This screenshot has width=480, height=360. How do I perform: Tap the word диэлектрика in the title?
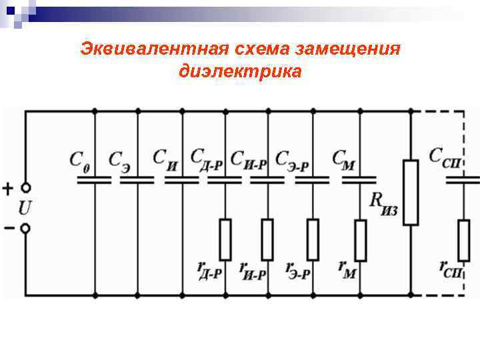[240, 70]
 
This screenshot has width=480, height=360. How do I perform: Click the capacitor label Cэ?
[120, 161]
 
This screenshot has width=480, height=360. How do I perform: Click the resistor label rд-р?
[209, 269]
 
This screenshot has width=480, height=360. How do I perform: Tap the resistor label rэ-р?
[298, 269]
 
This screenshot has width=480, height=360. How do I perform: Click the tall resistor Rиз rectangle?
[411, 192]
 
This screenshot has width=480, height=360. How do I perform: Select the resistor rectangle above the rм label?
[361, 240]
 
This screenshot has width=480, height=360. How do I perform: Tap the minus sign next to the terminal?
[9, 228]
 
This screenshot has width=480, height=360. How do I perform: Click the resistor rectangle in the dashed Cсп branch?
[463, 240]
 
